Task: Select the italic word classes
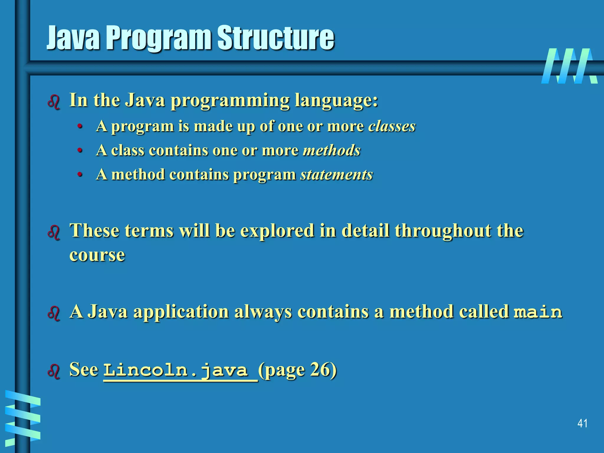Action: point(392,126)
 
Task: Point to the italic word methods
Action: point(332,150)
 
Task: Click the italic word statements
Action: point(337,174)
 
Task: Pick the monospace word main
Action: point(538,312)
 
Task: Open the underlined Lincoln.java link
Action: point(180,370)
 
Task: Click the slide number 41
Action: point(582,424)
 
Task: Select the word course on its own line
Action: point(97,255)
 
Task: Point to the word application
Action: point(181,312)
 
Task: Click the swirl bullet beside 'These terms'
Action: point(54,232)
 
